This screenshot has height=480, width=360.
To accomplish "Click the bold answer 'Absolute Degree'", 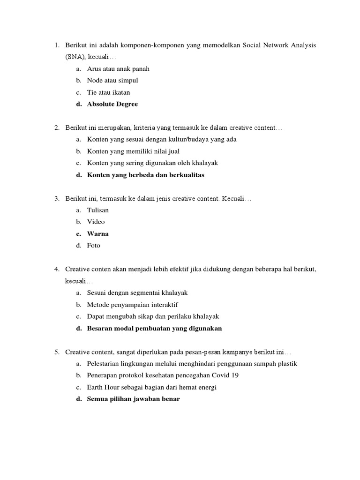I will pos(112,104).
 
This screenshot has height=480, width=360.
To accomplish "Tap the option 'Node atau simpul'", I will pos(112,81).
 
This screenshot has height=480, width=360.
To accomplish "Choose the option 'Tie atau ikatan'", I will pos(109,92).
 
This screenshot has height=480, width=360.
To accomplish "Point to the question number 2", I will pos(56,127).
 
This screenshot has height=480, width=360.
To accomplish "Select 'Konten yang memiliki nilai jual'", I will pos(133,151).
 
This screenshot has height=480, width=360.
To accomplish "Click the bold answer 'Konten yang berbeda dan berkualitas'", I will pos(146,175).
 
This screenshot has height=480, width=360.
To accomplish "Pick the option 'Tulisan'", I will pos(97,210).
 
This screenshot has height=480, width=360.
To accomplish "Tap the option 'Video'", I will pos(96,222).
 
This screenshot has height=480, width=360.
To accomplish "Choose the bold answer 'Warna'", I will pos(97,233).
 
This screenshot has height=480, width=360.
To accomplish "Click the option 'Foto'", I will pos(94,245).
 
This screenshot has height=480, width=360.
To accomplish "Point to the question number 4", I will pos(56,269).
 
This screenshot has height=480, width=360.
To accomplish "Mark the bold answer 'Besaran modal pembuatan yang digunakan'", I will pos(154,328).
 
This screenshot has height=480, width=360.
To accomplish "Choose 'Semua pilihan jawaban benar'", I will pos(133,399).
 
